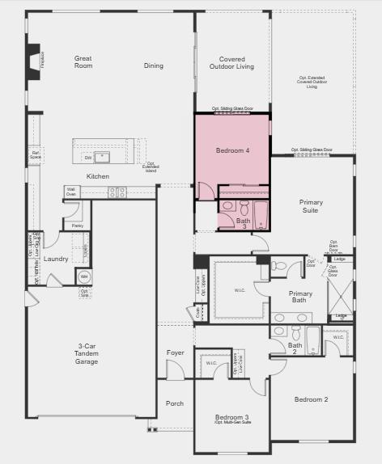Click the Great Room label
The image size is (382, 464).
[83, 61]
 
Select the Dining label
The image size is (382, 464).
[154, 65]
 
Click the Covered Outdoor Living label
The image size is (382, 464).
[232, 62]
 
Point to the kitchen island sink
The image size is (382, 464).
[103, 157]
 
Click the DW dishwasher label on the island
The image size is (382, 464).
[89, 158]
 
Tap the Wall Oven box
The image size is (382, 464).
[72, 192]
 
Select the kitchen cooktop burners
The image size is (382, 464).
[118, 192]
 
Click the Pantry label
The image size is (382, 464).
[77, 226]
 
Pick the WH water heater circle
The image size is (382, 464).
[83, 277]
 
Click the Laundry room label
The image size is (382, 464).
[56, 259]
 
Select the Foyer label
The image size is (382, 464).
[176, 352]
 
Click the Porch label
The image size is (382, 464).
[175, 403]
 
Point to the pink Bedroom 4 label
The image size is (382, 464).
[233, 150]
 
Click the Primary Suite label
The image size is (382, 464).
[309, 206]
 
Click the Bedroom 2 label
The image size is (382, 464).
[311, 399]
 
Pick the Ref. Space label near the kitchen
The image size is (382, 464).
[36, 154]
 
